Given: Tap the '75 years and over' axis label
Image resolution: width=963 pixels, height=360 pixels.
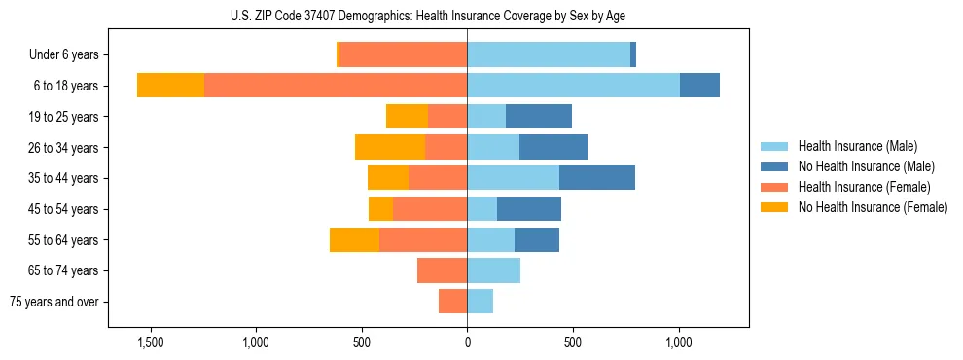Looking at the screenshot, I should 54,302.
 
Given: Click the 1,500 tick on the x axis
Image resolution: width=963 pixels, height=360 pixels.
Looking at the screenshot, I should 151,343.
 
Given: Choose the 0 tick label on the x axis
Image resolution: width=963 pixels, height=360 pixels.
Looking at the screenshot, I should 467,343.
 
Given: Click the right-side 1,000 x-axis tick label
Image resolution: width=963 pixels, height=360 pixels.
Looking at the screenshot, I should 678,343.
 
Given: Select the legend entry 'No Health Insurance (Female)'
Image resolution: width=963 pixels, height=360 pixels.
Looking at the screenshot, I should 873,207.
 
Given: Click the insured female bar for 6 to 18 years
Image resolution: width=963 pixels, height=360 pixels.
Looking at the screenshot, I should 336,86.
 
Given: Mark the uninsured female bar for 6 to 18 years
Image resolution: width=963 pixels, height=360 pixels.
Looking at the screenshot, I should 171,86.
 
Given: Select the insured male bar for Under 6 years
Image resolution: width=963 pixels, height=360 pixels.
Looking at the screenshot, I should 549,55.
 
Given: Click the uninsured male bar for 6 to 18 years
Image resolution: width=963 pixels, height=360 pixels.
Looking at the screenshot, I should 699,86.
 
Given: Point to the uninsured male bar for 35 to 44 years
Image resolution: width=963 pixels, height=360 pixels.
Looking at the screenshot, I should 597,178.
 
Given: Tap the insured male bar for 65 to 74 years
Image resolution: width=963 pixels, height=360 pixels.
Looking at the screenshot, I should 493,270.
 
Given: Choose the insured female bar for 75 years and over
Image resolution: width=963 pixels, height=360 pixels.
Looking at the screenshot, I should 453,302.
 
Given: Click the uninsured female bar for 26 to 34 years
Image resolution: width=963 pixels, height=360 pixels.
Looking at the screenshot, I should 390,147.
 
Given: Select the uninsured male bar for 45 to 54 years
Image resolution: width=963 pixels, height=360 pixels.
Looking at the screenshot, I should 529,209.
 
